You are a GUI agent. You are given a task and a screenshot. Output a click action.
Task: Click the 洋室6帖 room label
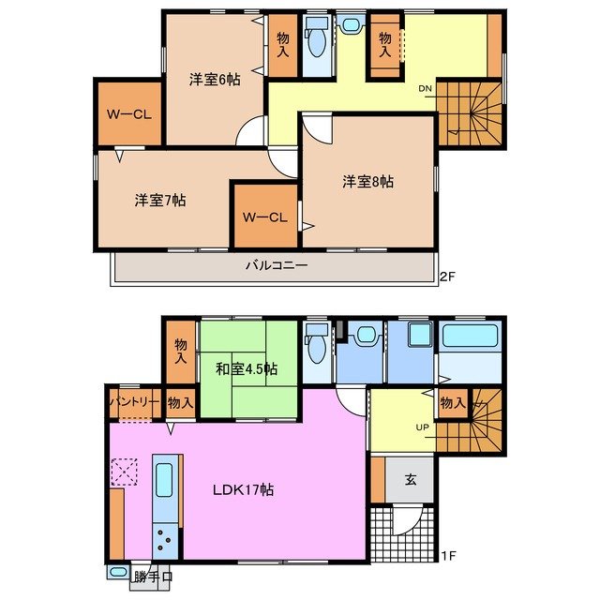point(215,80)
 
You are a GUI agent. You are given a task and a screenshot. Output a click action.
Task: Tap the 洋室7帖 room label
point(159,200)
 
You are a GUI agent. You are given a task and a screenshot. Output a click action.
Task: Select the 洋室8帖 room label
point(367,181)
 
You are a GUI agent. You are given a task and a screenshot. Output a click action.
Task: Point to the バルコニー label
point(277,265)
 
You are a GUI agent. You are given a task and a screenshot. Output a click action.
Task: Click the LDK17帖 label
point(242,488)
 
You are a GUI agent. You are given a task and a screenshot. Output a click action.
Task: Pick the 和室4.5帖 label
point(245,368)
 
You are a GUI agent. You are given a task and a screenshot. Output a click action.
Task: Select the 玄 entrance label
point(411,479)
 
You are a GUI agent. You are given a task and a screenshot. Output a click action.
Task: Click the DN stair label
point(426,89)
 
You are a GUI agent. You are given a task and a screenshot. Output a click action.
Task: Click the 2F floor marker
point(450,276)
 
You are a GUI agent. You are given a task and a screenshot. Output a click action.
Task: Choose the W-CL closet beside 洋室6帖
point(129,115)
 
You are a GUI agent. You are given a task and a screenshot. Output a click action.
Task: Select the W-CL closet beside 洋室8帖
point(264,217)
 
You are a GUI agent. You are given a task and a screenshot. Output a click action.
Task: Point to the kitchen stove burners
point(164,541)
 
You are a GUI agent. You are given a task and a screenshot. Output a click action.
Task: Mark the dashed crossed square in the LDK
point(124,472)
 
